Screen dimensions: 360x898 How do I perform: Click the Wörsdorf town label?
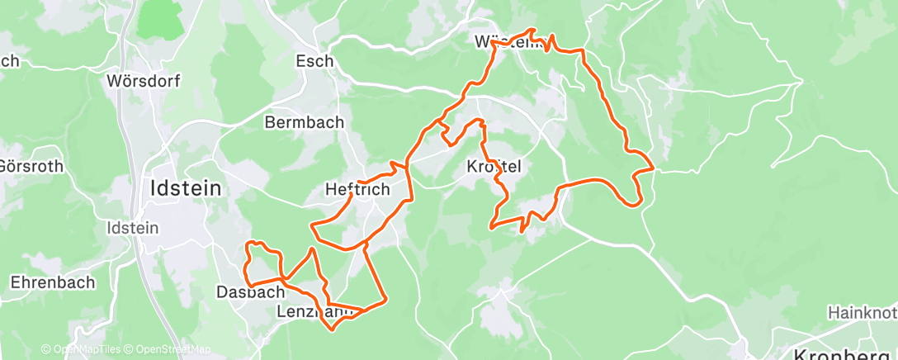point(144,82)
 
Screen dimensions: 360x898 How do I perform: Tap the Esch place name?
point(314,61)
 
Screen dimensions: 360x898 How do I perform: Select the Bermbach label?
point(304,123)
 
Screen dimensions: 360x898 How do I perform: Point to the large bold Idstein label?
point(186,188)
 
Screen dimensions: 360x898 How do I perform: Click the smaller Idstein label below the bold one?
point(132,227)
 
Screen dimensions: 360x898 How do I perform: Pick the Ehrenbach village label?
point(52,282)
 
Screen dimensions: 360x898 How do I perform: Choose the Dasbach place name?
point(246,292)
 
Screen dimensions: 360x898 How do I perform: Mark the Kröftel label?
point(494,166)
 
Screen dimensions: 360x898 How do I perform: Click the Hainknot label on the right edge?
point(863,314)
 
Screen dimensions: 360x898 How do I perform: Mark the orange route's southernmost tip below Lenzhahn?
point(333,329)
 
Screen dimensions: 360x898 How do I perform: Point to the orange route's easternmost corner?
point(654,168)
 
